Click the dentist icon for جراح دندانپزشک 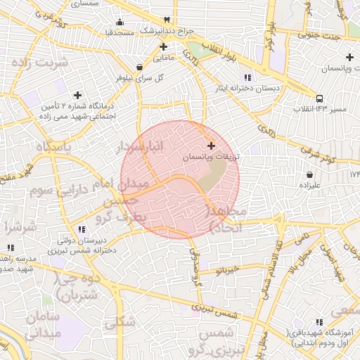point(166,20)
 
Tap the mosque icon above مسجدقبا point(120,21)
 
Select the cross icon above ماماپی point(163,46)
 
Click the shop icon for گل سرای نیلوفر point(139,67)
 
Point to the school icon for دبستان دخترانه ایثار point(247,77)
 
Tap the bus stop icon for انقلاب point(320,98)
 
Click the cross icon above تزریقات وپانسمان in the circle point(212,146)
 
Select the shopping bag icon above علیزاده point(310,174)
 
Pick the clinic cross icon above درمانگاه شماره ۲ point(77,94)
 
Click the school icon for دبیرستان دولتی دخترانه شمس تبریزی point(82,229)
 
